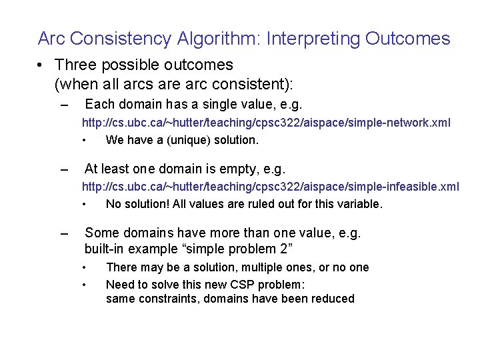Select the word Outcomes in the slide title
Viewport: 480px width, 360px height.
pyautogui.click(x=407, y=39)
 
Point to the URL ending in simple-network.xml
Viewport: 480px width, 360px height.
pyautogui.click(x=266, y=123)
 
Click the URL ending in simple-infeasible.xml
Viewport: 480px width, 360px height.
pyautogui.click(x=270, y=187)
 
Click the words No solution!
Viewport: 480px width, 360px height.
pyautogui.click(x=137, y=204)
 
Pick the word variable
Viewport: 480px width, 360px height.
pyautogui.click(x=360, y=204)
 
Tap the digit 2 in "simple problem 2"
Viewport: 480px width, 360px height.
pyautogui.click(x=282, y=249)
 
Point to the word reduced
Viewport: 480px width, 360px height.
pyautogui.click(x=331, y=299)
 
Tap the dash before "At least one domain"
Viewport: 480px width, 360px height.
pyautogui.click(x=64, y=169)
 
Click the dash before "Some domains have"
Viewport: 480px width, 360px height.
pyautogui.click(x=64, y=233)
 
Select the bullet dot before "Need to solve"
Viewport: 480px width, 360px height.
pyautogui.click(x=85, y=283)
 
